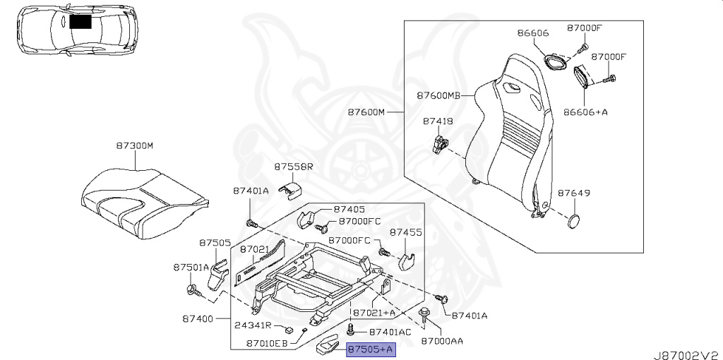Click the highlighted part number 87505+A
click(x=371, y=350)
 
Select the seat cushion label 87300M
click(x=134, y=146)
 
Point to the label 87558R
click(x=294, y=167)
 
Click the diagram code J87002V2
click(x=687, y=355)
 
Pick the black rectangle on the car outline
click(x=80, y=21)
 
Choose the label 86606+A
click(x=585, y=112)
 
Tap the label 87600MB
click(x=438, y=96)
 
